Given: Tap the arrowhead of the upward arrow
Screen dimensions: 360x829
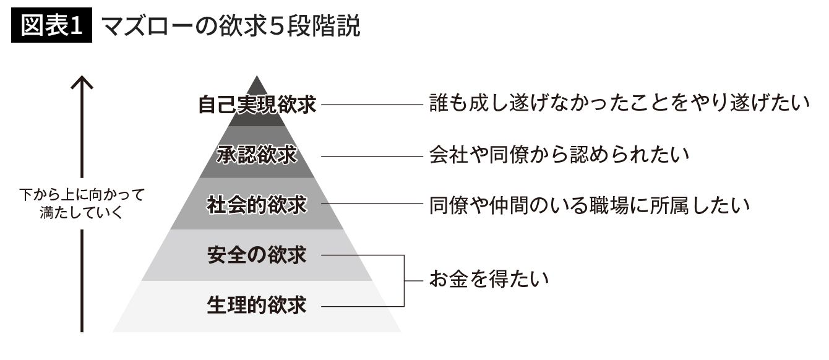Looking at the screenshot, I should point(81,82).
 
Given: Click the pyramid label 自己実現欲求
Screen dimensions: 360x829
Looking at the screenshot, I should point(257,105).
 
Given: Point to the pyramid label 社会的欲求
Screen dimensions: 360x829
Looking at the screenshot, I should point(257,205).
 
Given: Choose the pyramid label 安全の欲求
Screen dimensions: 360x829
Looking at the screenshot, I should point(257,254).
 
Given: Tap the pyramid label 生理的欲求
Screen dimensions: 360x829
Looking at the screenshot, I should point(257,304).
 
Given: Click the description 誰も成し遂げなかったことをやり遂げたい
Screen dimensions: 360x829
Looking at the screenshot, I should point(619,104).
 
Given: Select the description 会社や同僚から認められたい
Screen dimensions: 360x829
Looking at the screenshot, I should point(559,155).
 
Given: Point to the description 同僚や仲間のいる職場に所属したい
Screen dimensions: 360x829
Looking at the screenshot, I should point(590,205).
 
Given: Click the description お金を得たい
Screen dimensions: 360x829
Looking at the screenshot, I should point(489,280).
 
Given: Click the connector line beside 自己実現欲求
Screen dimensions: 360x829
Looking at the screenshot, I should point(371,105).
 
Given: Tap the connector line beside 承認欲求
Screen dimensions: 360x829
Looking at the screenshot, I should point(371,156).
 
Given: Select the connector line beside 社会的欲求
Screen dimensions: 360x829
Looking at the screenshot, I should point(371,205).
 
